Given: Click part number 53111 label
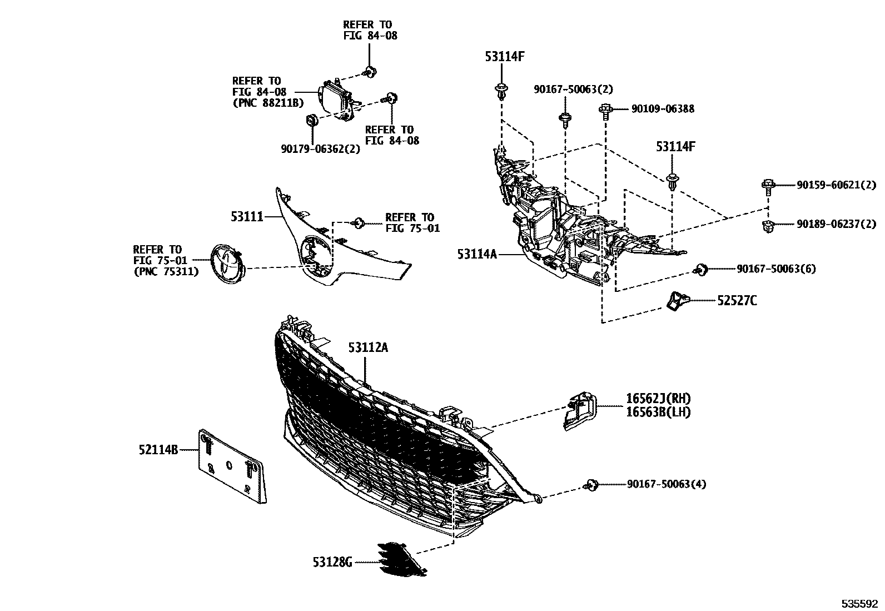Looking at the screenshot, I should tap(247, 216).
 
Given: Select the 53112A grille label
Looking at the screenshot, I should tap(368, 347).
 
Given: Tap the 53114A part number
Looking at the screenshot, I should tap(476, 254).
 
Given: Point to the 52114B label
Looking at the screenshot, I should tap(158, 449).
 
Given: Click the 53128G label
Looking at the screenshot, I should tap(332, 563).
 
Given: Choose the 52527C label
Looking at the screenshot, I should tap(737, 301).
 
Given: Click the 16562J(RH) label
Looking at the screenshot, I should tap(658, 399).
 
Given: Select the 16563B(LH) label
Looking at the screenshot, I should tap(658, 412).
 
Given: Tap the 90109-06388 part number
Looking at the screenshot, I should tap(663, 109).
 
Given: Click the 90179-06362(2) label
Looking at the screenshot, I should tap(320, 149).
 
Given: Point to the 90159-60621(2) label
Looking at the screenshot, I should tap(836, 185).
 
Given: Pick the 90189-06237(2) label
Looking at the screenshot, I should tap(836, 224).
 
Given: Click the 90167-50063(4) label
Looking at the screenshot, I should tap(667, 484).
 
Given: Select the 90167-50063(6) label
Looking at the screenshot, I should tap(776, 269).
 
